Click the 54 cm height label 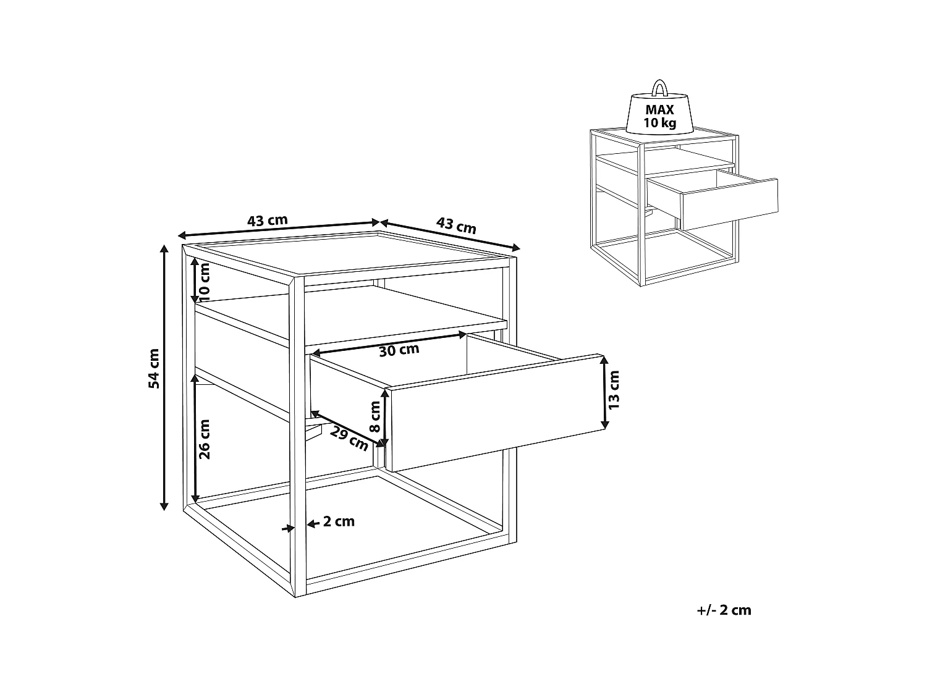154,369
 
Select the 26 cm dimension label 205,439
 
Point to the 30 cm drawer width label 399,350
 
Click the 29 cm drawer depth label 349,437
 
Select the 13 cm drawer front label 614,390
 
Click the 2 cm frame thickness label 339,522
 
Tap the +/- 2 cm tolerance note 724,610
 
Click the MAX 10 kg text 660,116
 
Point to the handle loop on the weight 660,87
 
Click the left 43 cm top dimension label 267,221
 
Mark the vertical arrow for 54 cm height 164,377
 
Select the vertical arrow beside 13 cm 604,392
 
